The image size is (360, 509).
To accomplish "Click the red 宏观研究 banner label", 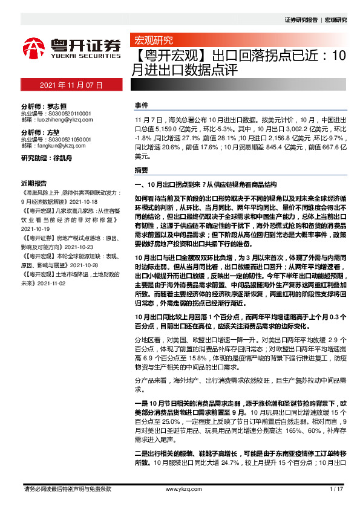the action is coord(152,41).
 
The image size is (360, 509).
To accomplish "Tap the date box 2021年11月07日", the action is coord(71,86).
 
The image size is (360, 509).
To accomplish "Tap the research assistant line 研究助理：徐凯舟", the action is coord(46,158).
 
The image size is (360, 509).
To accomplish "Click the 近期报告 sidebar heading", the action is coord(34,183).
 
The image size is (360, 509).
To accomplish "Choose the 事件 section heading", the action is coord(141,105).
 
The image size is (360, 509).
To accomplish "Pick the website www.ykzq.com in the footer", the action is coord(179,489).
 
